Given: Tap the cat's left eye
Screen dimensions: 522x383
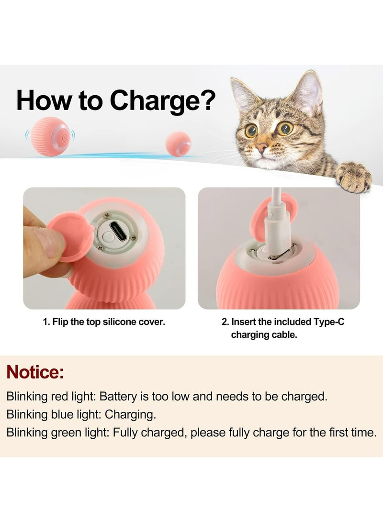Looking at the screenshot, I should tap(251, 130).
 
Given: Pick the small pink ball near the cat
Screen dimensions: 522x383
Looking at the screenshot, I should tap(178, 144).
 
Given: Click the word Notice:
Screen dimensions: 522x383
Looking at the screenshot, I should tap(35, 372).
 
